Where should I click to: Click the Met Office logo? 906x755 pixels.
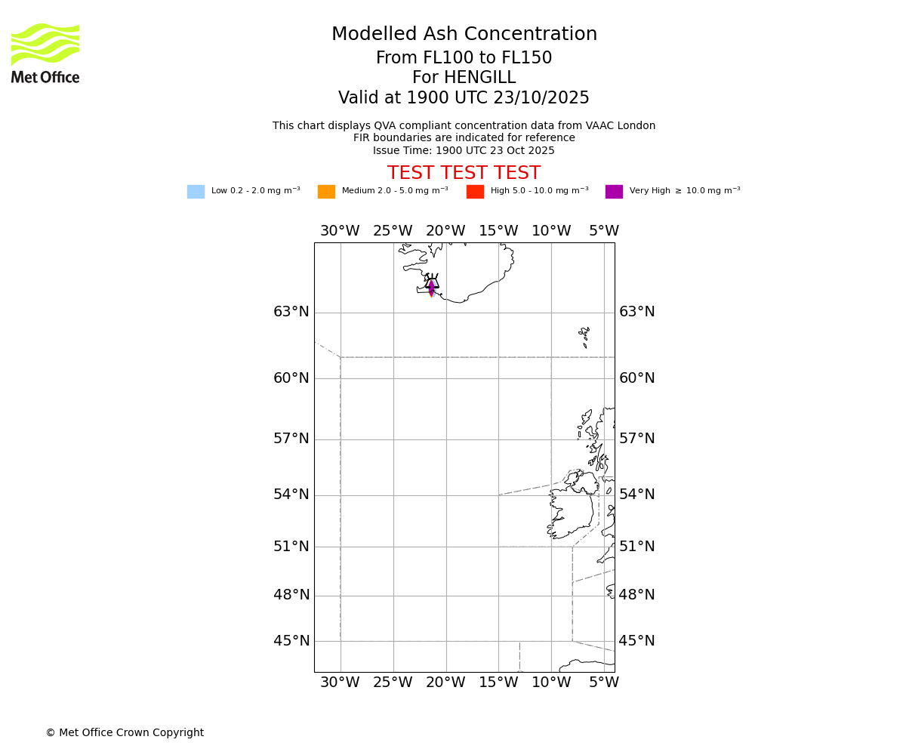tap(45, 53)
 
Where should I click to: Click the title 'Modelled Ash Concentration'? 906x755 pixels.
tap(464, 35)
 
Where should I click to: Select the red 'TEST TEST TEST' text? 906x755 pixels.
tap(464, 174)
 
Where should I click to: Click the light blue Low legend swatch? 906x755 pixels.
tap(196, 192)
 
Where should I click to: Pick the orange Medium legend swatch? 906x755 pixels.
tap(326, 192)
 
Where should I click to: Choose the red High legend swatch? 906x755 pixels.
tap(475, 192)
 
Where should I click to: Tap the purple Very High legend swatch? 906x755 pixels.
tap(614, 192)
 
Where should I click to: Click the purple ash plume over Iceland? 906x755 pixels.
tap(431, 286)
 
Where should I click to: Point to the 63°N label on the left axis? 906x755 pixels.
tap(291, 312)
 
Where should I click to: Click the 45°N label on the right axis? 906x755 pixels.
tap(637, 641)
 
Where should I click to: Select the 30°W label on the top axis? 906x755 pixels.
tap(340, 231)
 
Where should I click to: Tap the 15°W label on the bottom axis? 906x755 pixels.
tap(498, 683)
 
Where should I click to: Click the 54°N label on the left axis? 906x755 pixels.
tap(291, 495)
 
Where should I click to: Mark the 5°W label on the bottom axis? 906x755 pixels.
tap(604, 683)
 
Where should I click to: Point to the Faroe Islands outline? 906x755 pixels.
tap(584, 335)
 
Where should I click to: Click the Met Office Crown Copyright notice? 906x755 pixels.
tap(125, 733)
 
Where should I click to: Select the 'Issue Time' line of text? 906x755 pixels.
tap(464, 150)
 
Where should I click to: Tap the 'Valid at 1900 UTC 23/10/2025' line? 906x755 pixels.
tap(464, 98)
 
